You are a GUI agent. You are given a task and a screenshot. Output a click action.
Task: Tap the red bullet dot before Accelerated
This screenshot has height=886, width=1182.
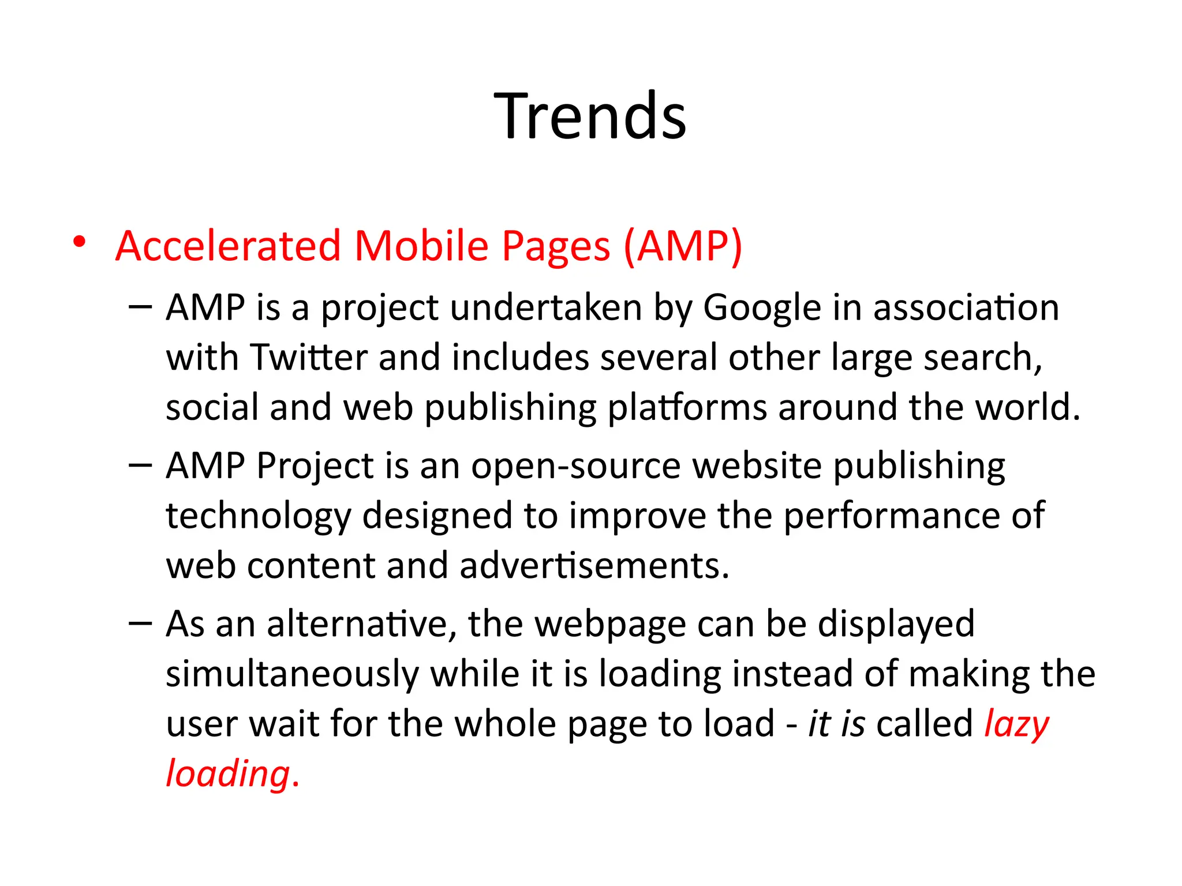click(79, 242)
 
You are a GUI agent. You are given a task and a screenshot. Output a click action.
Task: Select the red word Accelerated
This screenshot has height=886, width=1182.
click(228, 246)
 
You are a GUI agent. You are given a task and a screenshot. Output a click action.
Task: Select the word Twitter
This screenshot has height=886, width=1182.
click(309, 358)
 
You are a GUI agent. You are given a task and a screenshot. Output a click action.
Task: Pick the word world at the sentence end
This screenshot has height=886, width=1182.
click(1021, 407)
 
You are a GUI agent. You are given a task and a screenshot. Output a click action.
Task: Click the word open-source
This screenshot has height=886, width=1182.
click(575, 466)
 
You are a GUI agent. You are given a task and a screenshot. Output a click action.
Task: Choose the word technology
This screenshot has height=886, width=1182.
click(258, 516)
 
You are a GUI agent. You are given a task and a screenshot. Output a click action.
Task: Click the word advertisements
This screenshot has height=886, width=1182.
click(594, 566)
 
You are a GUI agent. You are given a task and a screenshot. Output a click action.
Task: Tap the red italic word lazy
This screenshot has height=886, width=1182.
click(1016, 724)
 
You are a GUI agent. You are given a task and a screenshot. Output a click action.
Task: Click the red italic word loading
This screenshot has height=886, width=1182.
click(228, 775)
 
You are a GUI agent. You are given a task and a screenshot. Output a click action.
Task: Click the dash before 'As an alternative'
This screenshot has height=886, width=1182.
click(140, 623)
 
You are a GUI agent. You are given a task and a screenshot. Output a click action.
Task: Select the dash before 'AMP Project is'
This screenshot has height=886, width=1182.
click(140, 465)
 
